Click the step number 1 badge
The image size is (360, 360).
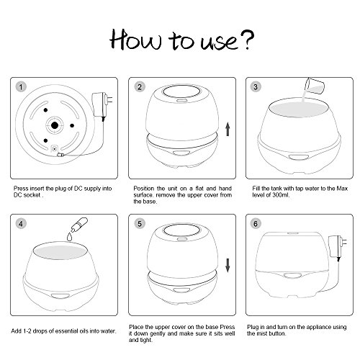(x=21, y=87)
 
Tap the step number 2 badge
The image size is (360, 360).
(x=140, y=87)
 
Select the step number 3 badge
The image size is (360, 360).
(x=256, y=87)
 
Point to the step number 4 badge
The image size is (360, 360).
(x=21, y=224)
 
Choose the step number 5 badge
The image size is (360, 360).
(x=140, y=224)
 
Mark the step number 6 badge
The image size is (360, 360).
(x=256, y=224)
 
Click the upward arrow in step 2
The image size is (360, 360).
(x=228, y=129)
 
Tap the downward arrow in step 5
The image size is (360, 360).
(x=228, y=266)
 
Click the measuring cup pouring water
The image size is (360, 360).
(x=315, y=86)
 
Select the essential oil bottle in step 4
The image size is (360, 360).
(x=79, y=225)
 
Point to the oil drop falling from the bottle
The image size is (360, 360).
(x=70, y=236)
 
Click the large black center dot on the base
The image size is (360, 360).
(x=55, y=125)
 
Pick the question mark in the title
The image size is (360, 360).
(x=247, y=40)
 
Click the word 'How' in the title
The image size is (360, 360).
(x=135, y=40)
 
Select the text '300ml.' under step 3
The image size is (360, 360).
(x=281, y=195)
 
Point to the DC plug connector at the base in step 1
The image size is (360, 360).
(x=60, y=155)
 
